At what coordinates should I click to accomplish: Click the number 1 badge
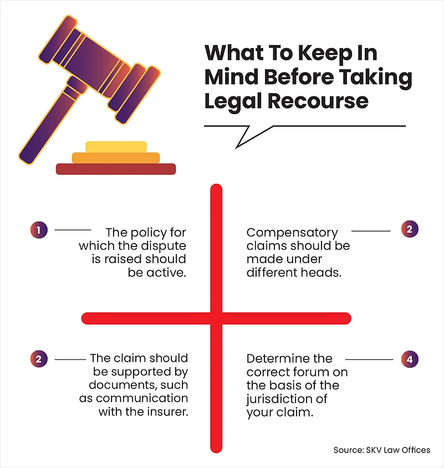[38, 229]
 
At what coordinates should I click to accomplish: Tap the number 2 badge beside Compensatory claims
[409, 230]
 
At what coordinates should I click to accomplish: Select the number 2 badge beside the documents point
[38, 359]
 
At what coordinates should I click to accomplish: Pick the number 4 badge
[409, 359]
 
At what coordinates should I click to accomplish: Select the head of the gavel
[97, 66]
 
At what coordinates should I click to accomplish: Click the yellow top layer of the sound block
[116, 146]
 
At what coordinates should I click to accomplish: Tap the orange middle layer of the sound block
[116, 158]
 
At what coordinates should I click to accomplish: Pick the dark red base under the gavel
[116, 169]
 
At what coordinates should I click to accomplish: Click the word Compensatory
[292, 232]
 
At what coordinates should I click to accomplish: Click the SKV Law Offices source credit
[381, 450]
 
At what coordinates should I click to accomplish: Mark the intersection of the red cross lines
[216, 318]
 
